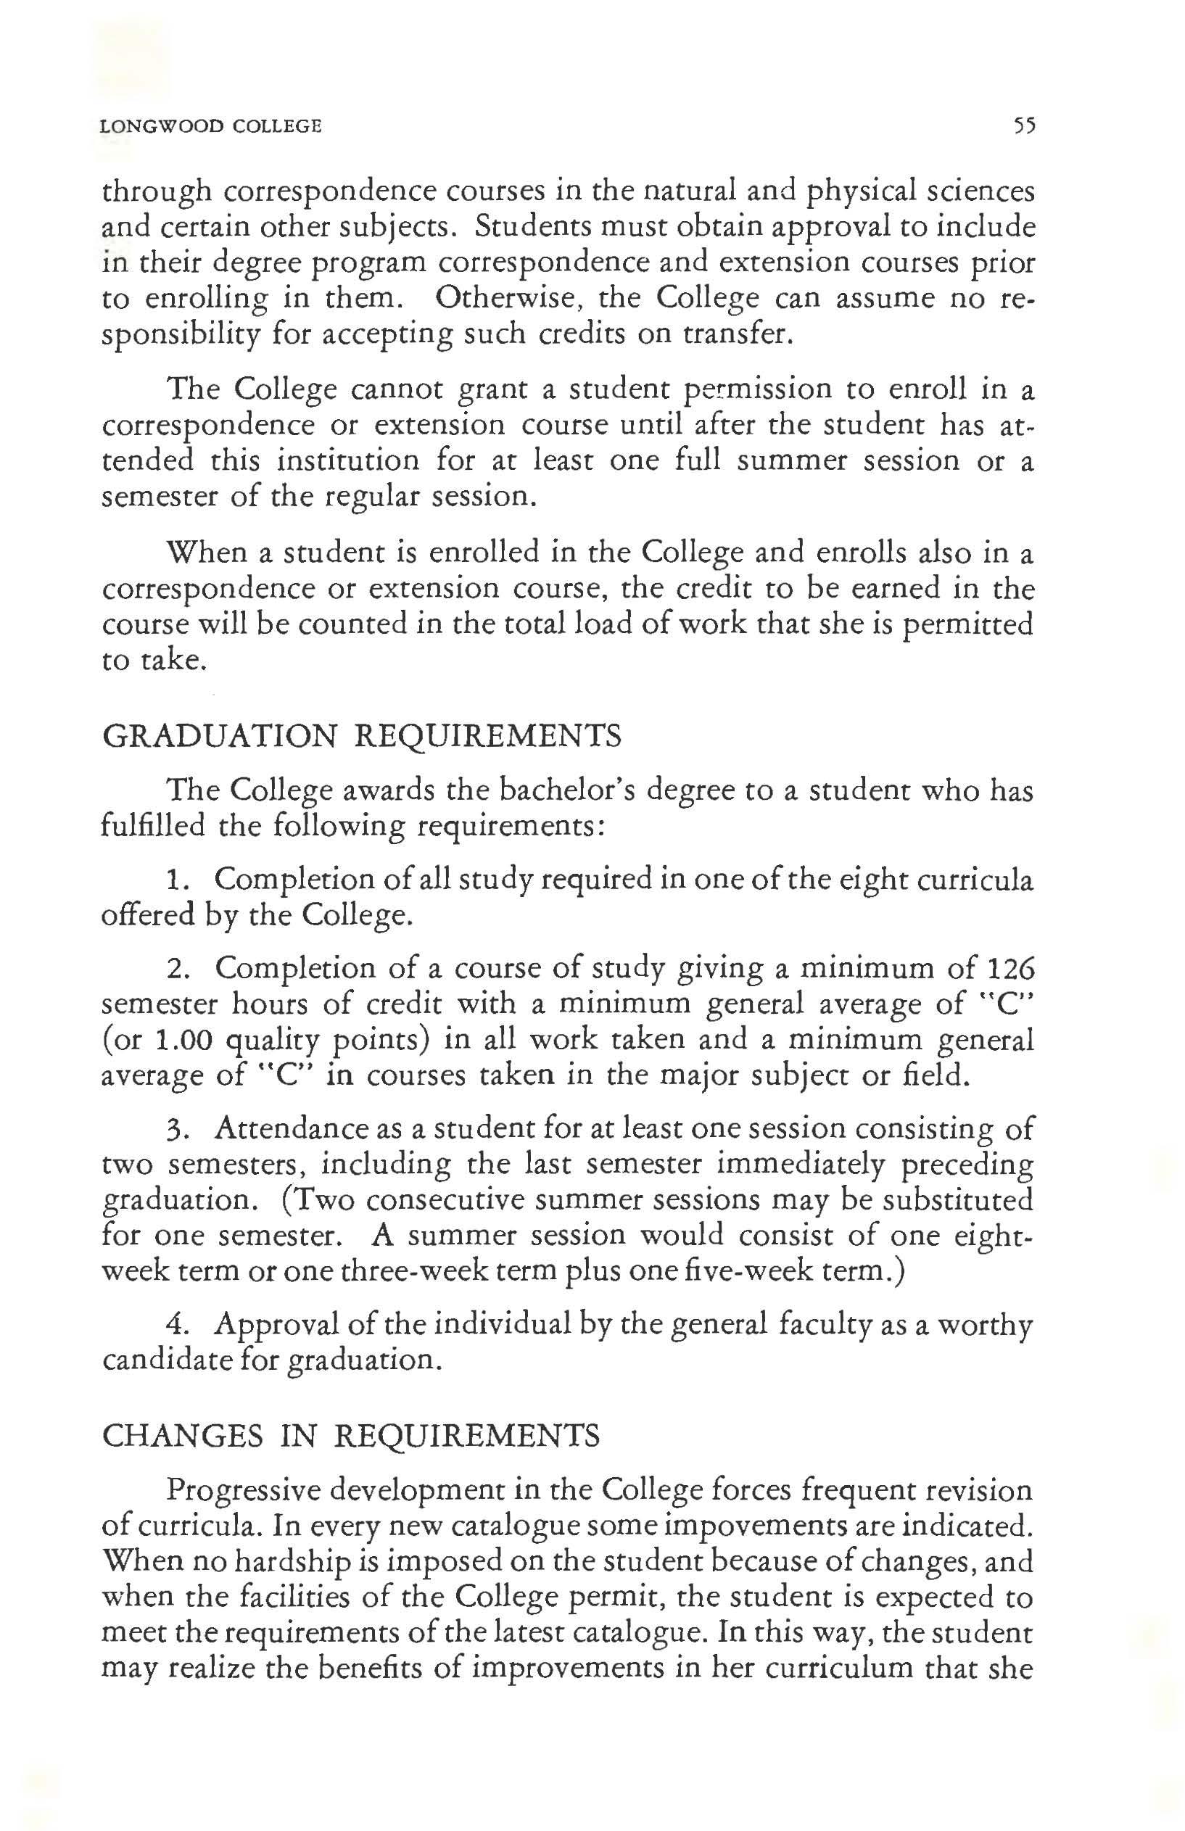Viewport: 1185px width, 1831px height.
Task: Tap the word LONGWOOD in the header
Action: [160, 126]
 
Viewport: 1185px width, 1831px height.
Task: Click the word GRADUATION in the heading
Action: [219, 736]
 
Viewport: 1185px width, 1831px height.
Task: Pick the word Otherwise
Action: [506, 299]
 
